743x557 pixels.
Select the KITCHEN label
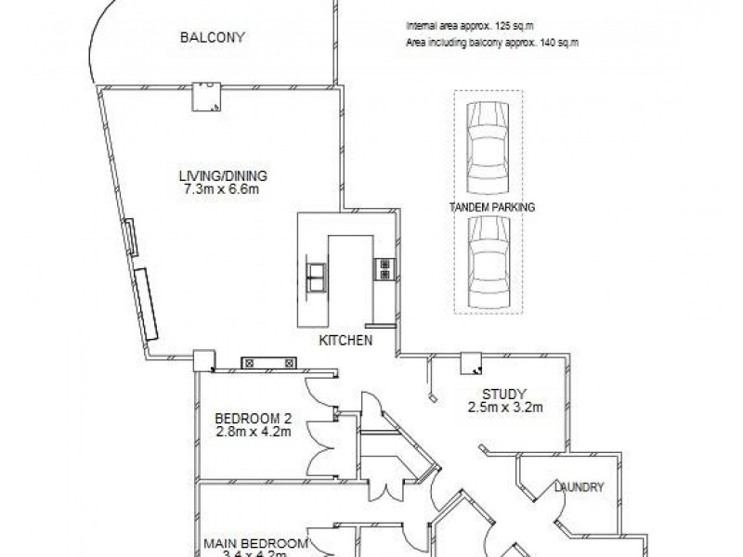pyautogui.click(x=345, y=341)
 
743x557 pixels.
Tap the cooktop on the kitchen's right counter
pyautogui.click(x=383, y=269)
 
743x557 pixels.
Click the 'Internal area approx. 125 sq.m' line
pyautogui.click(x=470, y=27)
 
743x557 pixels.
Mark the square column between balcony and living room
pyautogui.click(x=207, y=97)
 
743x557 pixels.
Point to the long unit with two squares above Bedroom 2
pyautogui.click(x=267, y=362)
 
